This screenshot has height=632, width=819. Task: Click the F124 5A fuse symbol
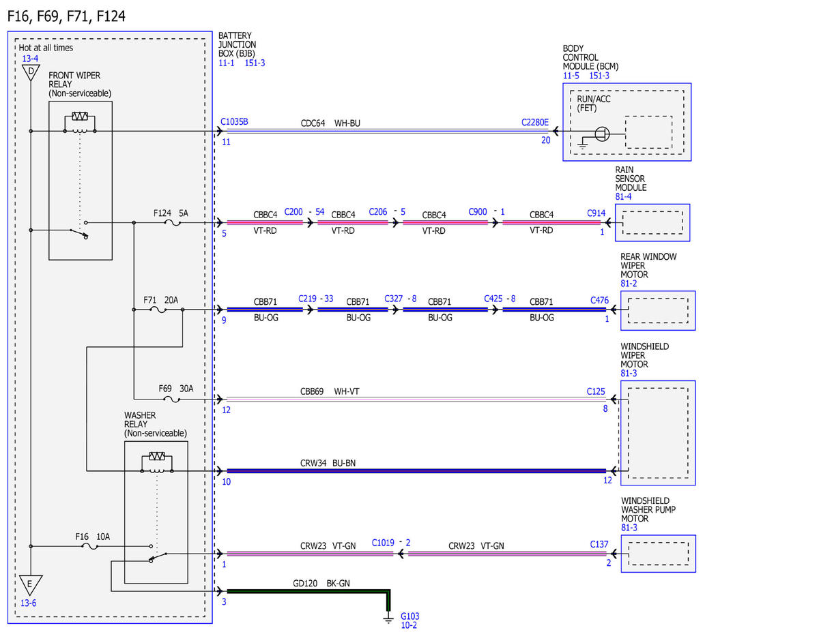pos(172,223)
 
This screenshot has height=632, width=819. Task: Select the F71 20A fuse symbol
pos(158,310)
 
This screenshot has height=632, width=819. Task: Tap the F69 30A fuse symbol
pos(172,399)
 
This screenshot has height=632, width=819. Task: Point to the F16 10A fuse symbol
pos(90,546)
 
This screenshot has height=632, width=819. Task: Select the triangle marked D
pos(31,72)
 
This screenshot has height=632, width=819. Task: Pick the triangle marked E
pos(31,585)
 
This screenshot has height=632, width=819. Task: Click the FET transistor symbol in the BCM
pos(602,134)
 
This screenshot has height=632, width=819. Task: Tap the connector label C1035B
pos(234,121)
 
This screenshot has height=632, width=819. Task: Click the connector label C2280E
pos(535,122)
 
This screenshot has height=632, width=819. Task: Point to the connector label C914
pos(597,213)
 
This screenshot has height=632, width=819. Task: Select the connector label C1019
pos(383,543)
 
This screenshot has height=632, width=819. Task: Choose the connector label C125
pos(596,391)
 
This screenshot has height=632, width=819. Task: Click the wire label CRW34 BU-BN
pos(328,463)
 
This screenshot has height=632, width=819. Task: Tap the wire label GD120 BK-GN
pos(321,583)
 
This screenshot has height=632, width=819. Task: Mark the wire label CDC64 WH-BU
pos(330,123)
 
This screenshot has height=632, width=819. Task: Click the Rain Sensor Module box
pos(652,223)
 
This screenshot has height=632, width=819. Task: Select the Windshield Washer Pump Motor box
pos(658,554)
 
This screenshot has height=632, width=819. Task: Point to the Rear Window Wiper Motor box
pos(658,310)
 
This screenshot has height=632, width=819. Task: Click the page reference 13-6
pos(28,603)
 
